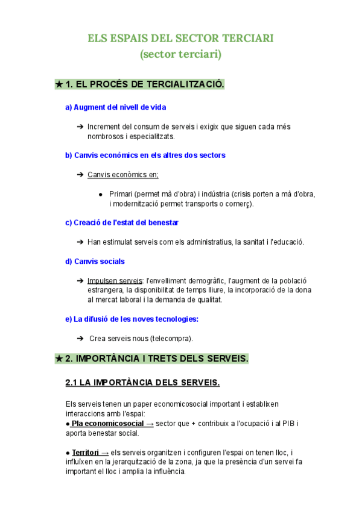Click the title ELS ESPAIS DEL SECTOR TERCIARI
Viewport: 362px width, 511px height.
[x=181, y=39]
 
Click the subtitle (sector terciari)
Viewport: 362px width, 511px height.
[x=181, y=55]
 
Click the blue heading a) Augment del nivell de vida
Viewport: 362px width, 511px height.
[x=115, y=107]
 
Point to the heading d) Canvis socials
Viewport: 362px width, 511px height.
[x=95, y=262]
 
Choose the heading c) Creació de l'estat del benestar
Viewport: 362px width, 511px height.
[x=121, y=222]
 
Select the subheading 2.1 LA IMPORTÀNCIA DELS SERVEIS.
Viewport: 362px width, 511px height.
[x=142, y=383]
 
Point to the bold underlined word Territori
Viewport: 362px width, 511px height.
[x=86, y=453]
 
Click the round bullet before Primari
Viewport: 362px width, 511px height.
[x=100, y=194]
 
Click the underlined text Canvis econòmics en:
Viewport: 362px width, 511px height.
[x=123, y=175]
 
